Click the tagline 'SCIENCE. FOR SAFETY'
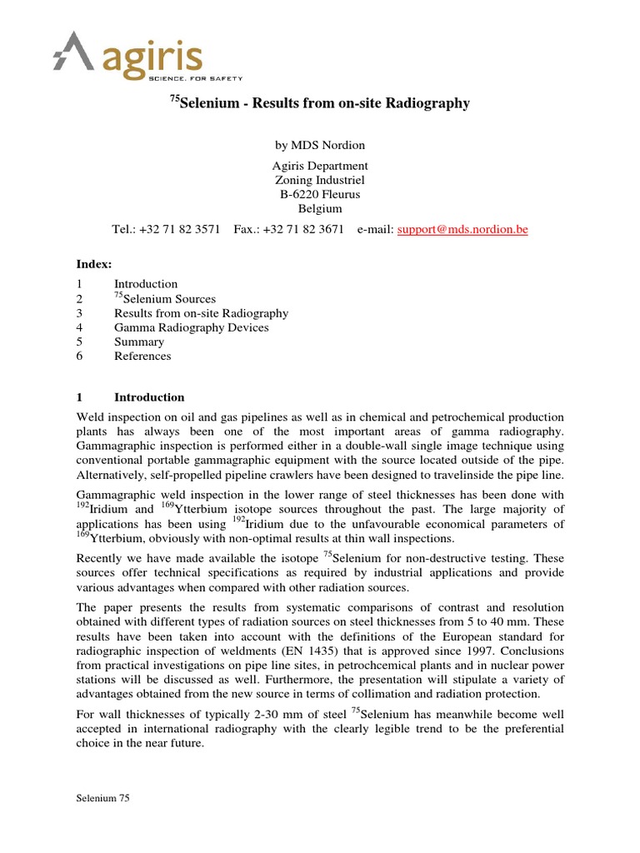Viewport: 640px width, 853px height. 195,77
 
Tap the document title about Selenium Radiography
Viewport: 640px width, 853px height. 320,103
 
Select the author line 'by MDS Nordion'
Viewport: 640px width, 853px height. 320,145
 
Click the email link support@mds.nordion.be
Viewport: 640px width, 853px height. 462,229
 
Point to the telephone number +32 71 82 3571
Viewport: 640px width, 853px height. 178,229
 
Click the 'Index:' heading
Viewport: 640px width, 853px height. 94,264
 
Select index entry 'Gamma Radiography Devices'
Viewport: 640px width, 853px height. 191,327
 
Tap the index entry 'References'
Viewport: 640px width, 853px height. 142,356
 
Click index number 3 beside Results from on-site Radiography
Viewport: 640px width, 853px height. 79,313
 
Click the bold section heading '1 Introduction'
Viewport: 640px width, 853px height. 131,397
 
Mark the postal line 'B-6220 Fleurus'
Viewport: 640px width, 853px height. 320,194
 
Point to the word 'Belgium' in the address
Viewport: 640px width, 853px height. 320,208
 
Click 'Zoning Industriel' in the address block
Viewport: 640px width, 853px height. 320,180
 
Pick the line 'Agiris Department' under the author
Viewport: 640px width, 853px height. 320,166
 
